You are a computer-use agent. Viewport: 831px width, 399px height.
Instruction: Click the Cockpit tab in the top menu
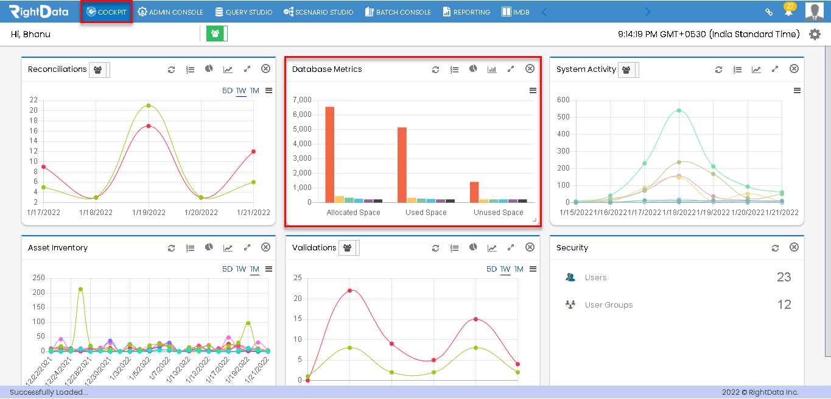pyautogui.click(x=107, y=12)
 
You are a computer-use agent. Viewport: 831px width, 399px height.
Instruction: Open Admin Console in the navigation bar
pyautogui.click(x=170, y=12)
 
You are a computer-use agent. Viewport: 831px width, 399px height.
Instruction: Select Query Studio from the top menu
pyautogui.click(x=244, y=12)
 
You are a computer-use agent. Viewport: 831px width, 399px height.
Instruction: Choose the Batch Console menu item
pyautogui.click(x=398, y=12)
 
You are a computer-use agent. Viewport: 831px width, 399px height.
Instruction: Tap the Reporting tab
pyautogui.click(x=466, y=12)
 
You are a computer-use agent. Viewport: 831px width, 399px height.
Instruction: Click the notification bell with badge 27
pyautogui.click(x=788, y=12)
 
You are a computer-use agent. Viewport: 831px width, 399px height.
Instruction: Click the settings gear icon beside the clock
pyautogui.click(x=815, y=34)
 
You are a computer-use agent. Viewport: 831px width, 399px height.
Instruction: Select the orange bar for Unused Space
pyautogui.click(x=474, y=192)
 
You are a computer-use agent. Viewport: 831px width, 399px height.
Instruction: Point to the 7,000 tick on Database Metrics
pyautogui.click(x=302, y=100)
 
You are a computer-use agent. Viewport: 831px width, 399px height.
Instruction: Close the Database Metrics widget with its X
pyautogui.click(x=530, y=69)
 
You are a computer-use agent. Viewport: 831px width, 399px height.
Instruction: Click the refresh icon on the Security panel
pyautogui.click(x=775, y=248)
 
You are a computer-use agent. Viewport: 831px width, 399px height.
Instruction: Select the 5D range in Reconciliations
pyautogui.click(x=227, y=91)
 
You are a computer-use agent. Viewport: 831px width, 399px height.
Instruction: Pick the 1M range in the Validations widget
pyautogui.click(x=519, y=269)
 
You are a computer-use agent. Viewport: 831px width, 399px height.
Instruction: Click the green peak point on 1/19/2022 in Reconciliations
pyautogui.click(x=149, y=105)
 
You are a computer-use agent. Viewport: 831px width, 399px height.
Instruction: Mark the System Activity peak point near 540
pyautogui.click(x=679, y=110)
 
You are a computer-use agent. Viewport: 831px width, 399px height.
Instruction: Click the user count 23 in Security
pyautogui.click(x=784, y=277)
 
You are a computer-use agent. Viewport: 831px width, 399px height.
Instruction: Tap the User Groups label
pyautogui.click(x=608, y=305)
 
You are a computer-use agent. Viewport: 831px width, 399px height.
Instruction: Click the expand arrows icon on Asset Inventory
pyautogui.click(x=247, y=248)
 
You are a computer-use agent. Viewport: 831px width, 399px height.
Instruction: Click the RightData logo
pyautogui.click(x=38, y=12)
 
